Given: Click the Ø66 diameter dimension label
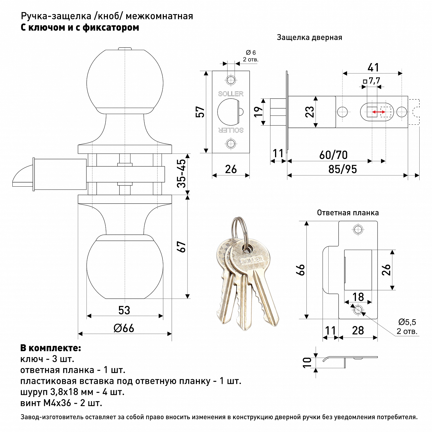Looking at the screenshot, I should pyautogui.click(x=124, y=328).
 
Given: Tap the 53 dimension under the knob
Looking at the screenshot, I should pyautogui.click(x=124, y=310).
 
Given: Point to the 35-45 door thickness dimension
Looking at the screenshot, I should pyautogui.click(x=182, y=173).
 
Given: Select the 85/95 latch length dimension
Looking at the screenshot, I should pyautogui.click(x=342, y=169).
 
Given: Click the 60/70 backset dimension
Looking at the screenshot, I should pyautogui.click(x=333, y=155).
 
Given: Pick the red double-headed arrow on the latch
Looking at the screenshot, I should pyautogui.click(x=379, y=112).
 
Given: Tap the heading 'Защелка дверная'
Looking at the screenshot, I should pyautogui.click(x=309, y=37).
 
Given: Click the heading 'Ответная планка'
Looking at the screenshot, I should pyautogui.click(x=348, y=213).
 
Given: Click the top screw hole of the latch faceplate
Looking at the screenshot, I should pyautogui.click(x=231, y=80).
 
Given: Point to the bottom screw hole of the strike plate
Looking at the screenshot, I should pyautogui.click(x=358, y=310).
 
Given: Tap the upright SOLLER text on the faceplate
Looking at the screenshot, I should pyautogui.click(x=231, y=94).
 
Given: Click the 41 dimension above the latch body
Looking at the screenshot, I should pyautogui.click(x=373, y=68).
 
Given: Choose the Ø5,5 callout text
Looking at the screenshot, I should pyautogui.click(x=407, y=322).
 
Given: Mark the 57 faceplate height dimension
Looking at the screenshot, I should pyautogui.click(x=200, y=112).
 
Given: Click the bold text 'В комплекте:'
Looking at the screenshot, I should pyautogui.click(x=51, y=348).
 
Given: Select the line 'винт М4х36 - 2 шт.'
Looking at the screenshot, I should pyautogui.click(x=61, y=403).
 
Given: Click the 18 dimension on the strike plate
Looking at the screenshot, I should pyautogui.click(x=358, y=297).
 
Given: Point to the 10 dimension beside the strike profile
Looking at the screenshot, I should pyautogui.click(x=307, y=362).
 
